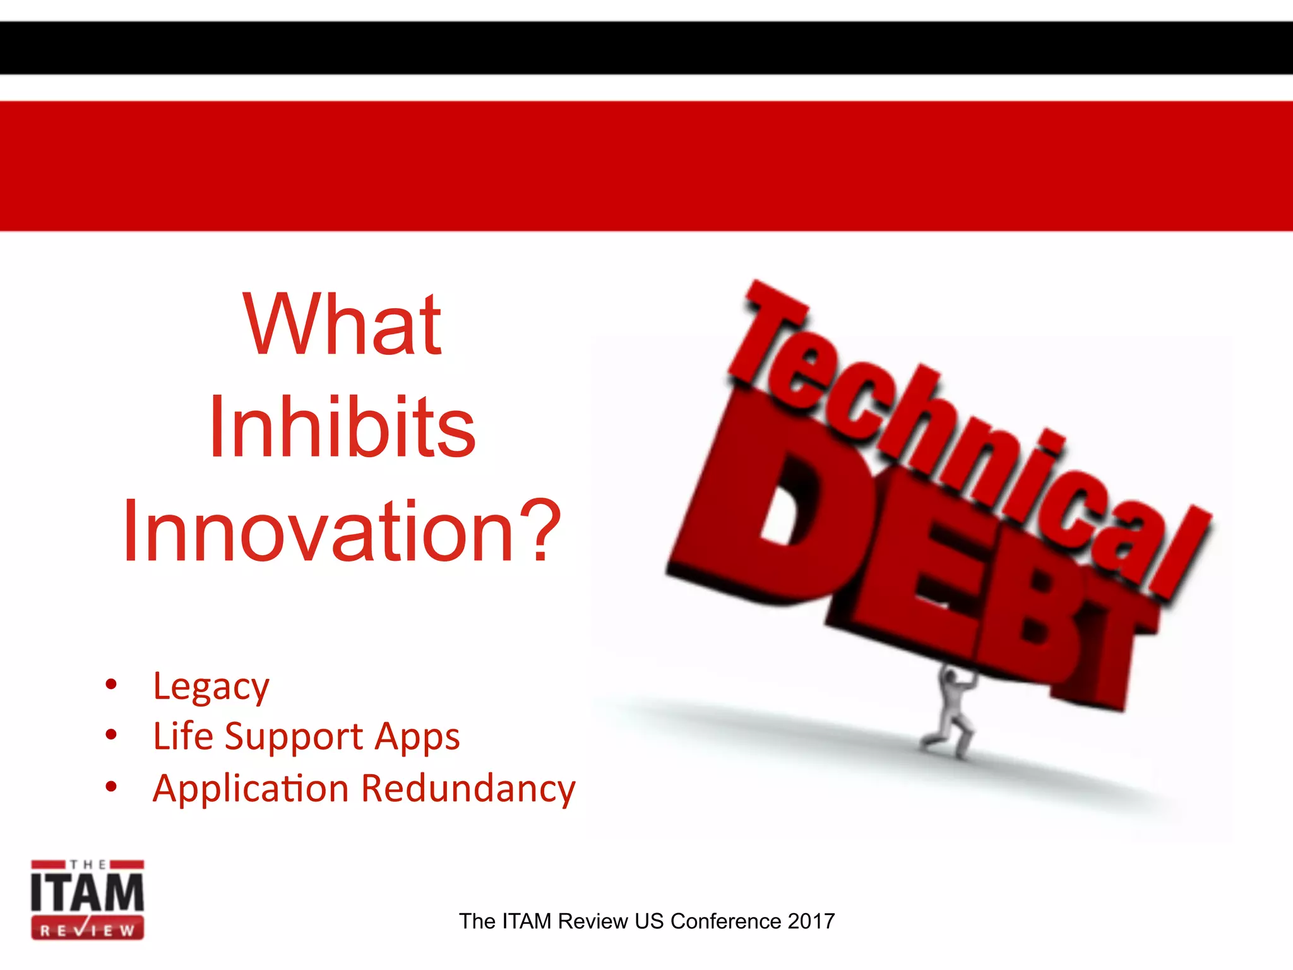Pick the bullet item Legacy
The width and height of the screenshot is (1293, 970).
pos(211,687)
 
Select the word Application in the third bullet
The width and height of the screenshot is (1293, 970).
pos(251,788)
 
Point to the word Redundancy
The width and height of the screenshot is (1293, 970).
pos(468,788)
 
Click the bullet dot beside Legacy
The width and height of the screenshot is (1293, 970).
pos(112,684)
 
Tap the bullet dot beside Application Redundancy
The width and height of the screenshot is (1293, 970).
pos(112,786)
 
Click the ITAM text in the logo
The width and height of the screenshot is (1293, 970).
pos(87,893)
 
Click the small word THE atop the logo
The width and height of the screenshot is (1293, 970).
pos(87,865)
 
